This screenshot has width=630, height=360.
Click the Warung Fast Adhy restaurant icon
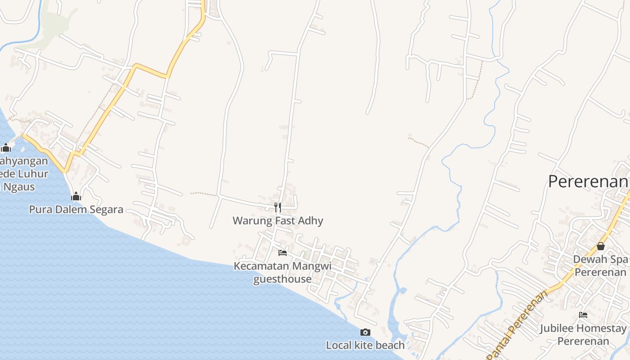[x=278, y=207]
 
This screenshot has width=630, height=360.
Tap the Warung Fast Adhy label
[x=278, y=220]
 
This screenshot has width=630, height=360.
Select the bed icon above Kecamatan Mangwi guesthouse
[x=283, y=252]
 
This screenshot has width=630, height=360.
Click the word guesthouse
[x=282, y=279]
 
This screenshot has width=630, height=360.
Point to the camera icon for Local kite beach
[x=365, y=332]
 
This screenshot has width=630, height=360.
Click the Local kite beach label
[x=365, y=345]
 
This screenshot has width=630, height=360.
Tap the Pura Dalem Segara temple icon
[x=76, y=196]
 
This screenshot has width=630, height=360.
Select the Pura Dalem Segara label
[x=76, y=209]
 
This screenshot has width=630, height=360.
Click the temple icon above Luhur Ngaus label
[x=6, y=148]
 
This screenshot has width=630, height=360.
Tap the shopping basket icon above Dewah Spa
[x=600, y=246]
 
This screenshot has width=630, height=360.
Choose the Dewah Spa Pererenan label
[x=600, y=266]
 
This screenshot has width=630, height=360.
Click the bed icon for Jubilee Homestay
[x=583, y=315]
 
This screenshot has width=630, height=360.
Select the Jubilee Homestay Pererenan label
[x=583, y=334]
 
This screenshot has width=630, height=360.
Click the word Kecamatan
[x=261, y=266]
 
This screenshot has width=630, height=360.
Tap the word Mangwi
[x=312, y=266]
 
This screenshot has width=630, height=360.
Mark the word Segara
[x=106, y=209]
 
